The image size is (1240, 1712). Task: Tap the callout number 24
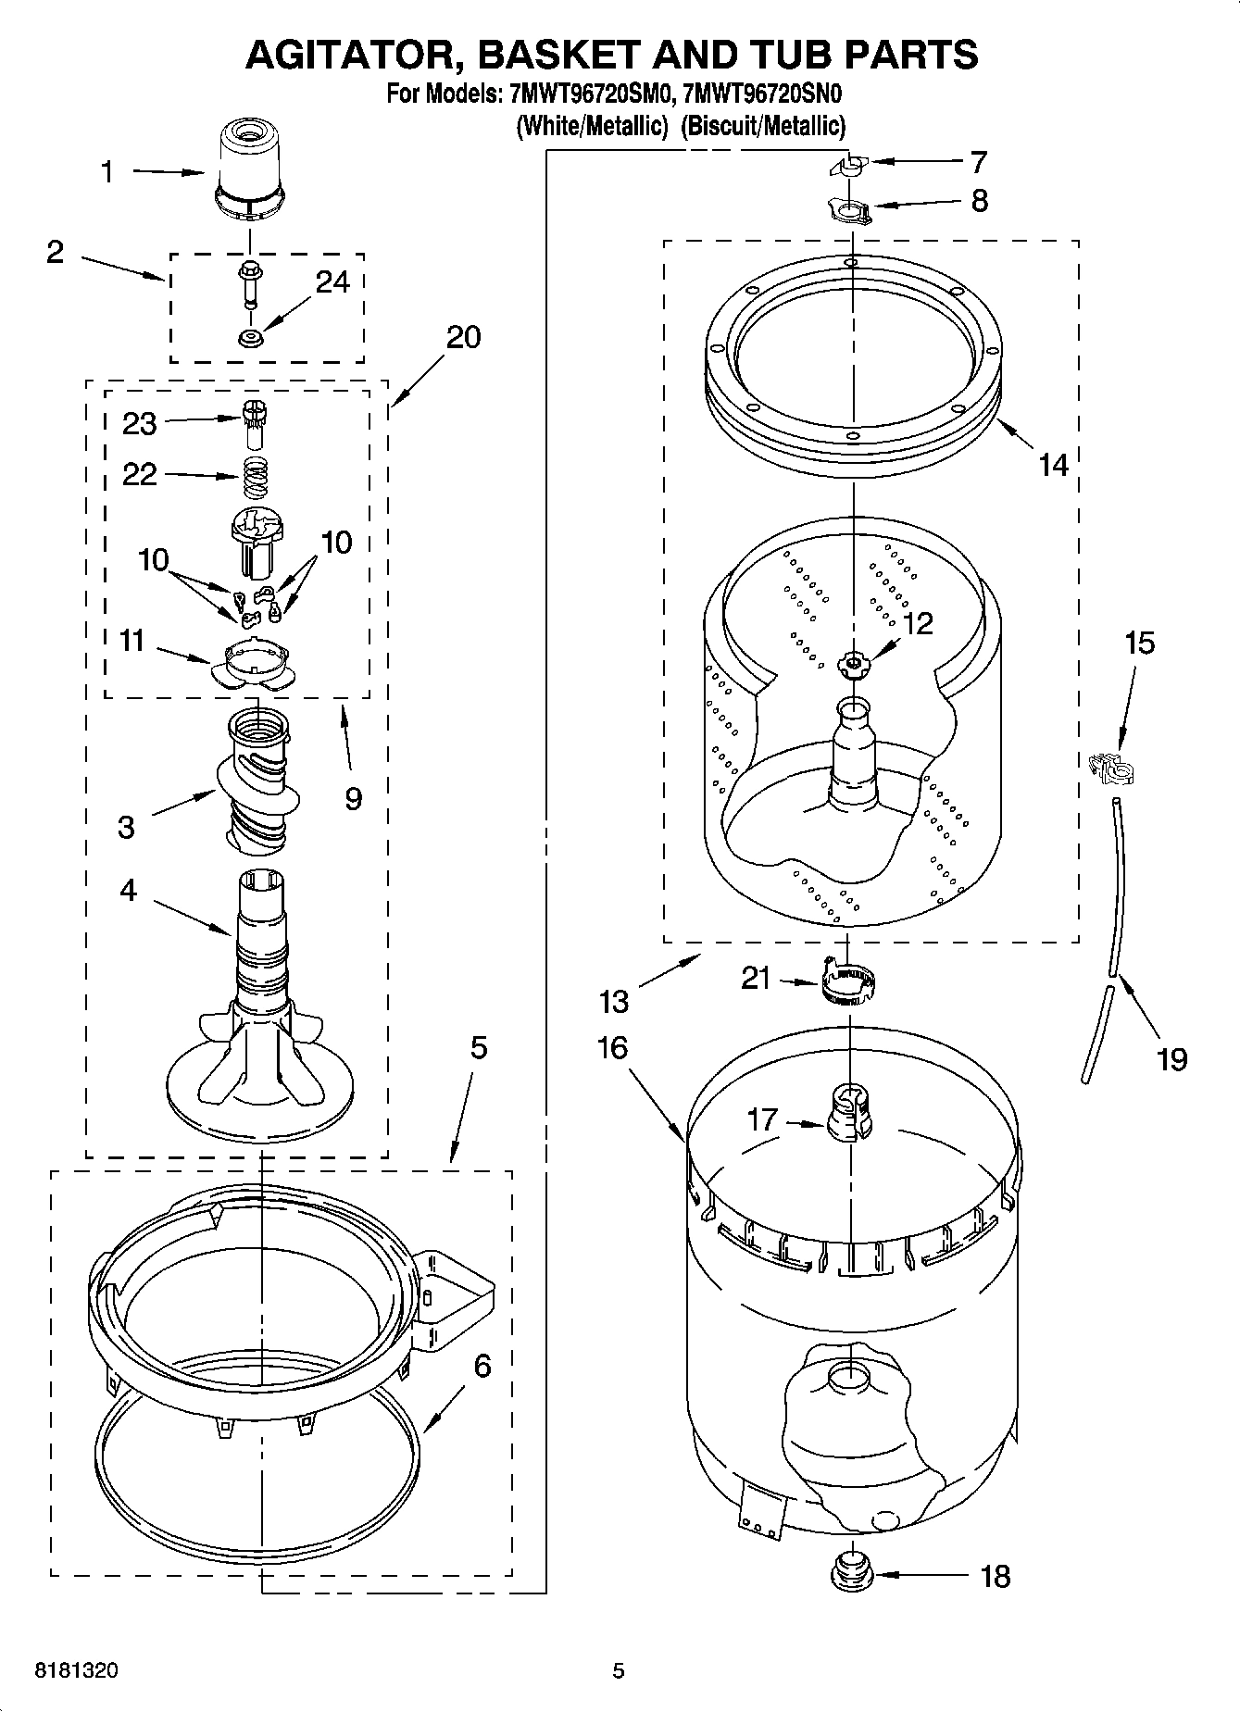(332, 281)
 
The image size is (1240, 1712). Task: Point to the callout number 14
(1053, 465)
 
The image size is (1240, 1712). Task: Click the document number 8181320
(76, 1670)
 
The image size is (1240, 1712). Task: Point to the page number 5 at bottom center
(619, 1670)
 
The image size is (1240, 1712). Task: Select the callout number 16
(612, 1048)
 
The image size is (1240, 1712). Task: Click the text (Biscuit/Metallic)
(763, 126)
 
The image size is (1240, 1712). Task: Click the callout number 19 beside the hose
(1171, 1058)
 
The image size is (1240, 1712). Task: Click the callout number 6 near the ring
(482, 1366)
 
